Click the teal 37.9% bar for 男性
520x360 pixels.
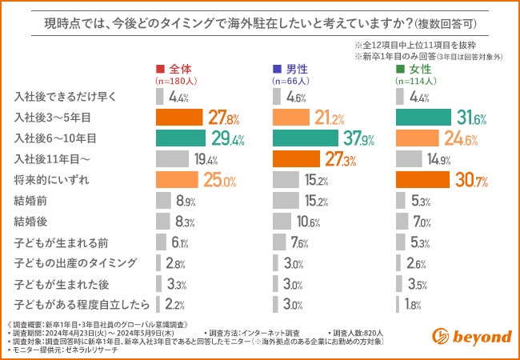click(294, 138)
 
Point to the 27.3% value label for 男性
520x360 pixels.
click(338, 159)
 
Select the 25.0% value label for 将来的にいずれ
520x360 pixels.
click(218, 180)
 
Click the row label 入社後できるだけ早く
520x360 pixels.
click(66, 97)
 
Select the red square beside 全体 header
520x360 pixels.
click(160, 69)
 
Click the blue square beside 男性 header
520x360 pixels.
click(277, 69)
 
